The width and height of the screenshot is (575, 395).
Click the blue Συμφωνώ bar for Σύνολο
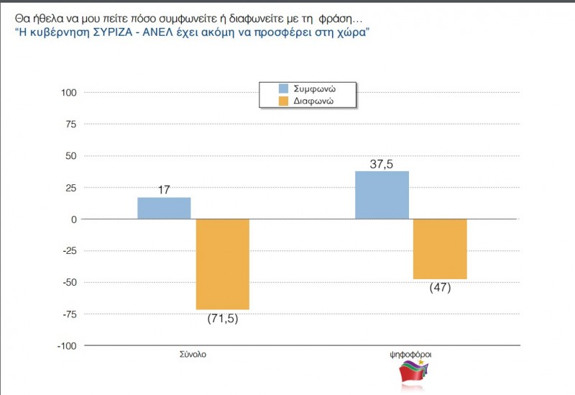click(164, 208)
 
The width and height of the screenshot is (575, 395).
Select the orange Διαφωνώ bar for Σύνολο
click(222, 264)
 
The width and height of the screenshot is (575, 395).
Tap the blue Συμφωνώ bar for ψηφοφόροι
click(382, 195)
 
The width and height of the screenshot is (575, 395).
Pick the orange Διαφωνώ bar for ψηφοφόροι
click(440, 248)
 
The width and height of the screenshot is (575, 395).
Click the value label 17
click(164, 190)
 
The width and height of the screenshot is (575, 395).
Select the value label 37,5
click(382, 164)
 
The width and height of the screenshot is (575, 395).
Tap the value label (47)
click(440, 288)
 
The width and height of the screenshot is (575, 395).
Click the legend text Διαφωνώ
click(314, 101)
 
